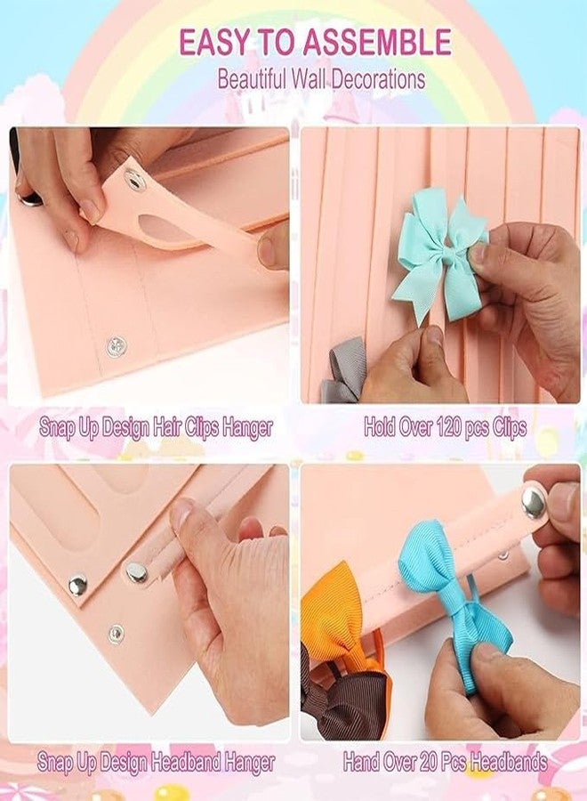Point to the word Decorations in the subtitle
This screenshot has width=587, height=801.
(374, 78)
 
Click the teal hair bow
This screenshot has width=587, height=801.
(438, 254)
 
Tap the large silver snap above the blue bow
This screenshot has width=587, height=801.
(535, 503)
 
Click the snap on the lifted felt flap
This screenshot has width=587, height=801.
(134, 178)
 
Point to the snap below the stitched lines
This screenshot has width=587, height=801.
(115, 346)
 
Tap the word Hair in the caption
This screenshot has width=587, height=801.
(173, 427)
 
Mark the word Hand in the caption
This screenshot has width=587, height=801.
(365, 763)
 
